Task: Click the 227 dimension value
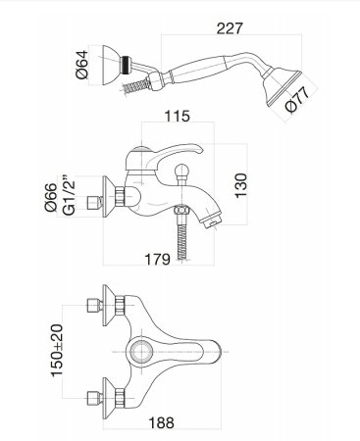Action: click(230, 28)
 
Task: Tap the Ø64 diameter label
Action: click(81, 64)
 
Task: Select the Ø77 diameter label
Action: click(297, 100)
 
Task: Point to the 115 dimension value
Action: click(177, 116)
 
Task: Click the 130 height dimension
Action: click(241, 185)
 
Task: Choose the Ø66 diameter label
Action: click(51, 197)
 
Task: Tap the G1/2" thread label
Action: click(69, 196)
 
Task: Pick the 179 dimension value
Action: click(157, 259)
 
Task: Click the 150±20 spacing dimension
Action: click(57, 350)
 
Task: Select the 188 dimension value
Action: click(162, 423)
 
